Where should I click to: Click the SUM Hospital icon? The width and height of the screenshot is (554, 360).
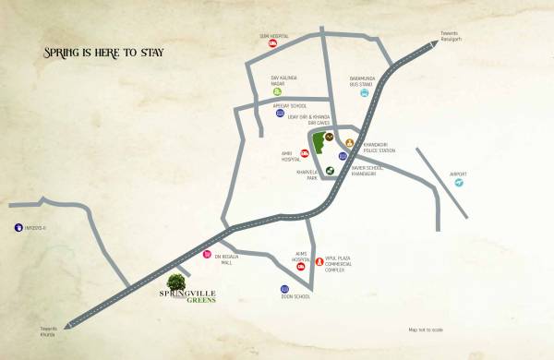tap(272, 43)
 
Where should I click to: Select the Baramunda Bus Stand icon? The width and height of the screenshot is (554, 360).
tap(365, 92)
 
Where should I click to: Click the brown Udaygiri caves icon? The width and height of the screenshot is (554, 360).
tap(329, 137)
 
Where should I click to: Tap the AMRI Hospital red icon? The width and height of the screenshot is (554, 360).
tap(304, 152)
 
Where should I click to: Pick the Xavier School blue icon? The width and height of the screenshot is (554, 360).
tap(343, 157)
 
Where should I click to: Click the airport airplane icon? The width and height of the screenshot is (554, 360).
tap(458, 183)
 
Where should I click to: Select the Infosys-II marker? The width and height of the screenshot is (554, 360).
tap(17, 227)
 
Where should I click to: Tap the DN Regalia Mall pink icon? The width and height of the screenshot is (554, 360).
tap(207, 254)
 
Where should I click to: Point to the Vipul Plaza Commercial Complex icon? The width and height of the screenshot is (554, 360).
tap(319, 262)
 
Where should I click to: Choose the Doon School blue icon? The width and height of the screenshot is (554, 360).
tap(285, 290)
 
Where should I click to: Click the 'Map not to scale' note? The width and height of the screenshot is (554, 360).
tap(426, 330)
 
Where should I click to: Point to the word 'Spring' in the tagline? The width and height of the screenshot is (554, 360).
tap(63, 53)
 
